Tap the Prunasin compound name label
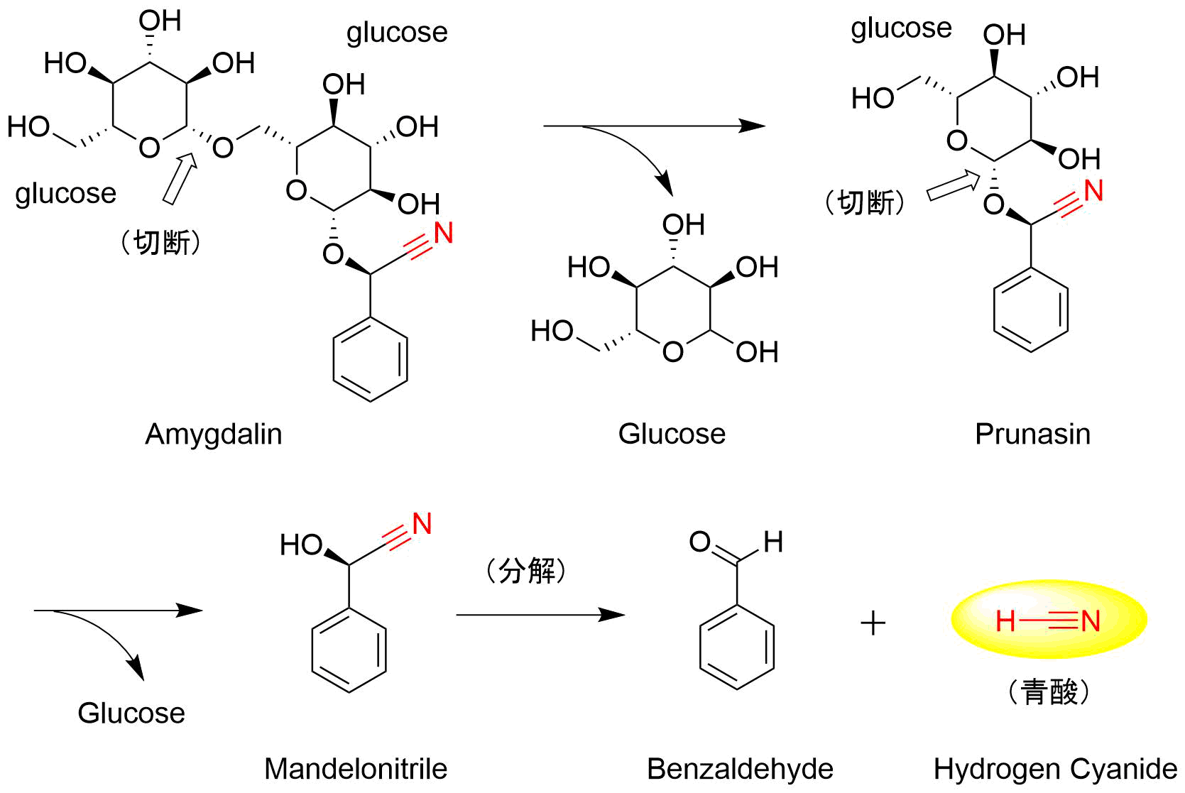[1032, 434]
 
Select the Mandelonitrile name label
[356, 769]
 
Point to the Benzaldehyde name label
[740, 770]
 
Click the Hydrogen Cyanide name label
[1055, 770]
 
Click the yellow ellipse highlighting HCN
[1049, 620]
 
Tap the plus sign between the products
[873, 623]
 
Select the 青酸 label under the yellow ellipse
[1049, 692]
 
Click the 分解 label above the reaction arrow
[526, 571]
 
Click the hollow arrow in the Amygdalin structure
[180, 179]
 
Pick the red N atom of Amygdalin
[443, 233]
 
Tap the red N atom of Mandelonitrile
[422, 524]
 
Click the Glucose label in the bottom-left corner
[131, 713]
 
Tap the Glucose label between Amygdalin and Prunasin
[672, 434]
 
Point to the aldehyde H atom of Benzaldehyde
[773, 542]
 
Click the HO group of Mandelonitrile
[301, 545]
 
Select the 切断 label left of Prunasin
[865, 203]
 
